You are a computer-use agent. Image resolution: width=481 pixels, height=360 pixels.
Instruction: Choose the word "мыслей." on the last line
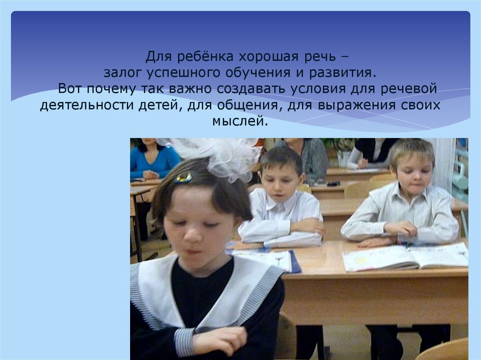coord(240,121)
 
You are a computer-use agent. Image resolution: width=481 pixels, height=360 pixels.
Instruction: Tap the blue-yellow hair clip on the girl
coord(184,178)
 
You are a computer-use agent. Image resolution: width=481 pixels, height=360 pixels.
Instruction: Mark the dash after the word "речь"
coord(346,58)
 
